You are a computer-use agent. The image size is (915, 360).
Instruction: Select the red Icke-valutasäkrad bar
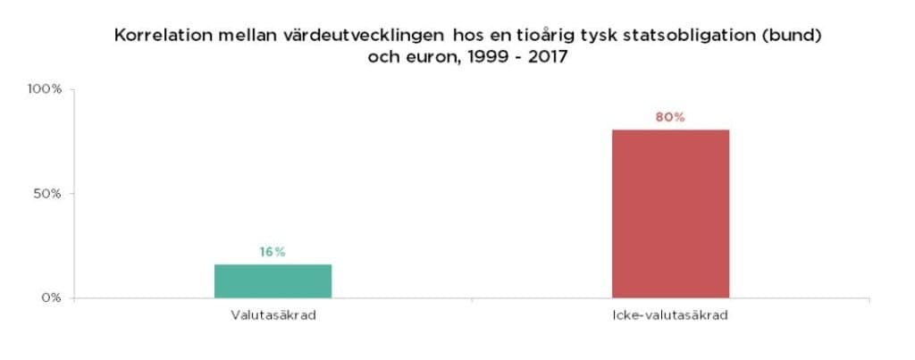pyautogui.click(x=670, y=213)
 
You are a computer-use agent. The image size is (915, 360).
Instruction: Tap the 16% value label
pyautogui.click(x=273, y=252)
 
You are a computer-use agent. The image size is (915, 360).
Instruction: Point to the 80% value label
pyautogui.click(x=669, y=118)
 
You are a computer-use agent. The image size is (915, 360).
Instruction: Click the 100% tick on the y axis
pyautogui.click(x=44, y=89)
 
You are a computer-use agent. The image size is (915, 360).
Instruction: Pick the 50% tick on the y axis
pyautogui.click(x=46, y=193)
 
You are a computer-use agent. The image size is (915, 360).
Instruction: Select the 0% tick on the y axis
pyautogui.click(x=49, y=297)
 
